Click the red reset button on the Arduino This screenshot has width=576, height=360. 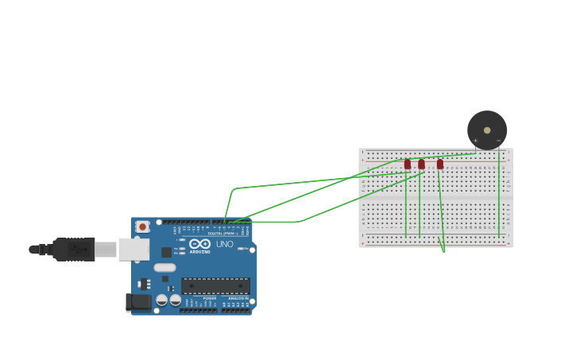point(143,226)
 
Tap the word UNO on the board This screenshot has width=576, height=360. point(225,244)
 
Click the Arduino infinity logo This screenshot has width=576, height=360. point(200,244)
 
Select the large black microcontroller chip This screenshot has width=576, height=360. point(215,286)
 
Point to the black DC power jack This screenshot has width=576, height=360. point(139,302)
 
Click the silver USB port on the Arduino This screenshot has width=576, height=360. point(133,250)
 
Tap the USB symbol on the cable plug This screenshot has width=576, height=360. point(77,250)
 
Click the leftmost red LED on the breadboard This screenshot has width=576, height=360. point(408,165)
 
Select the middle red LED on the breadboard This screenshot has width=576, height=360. point(421,165)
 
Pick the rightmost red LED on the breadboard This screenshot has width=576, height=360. point(440,165)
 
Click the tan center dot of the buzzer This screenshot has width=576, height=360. point(487,130)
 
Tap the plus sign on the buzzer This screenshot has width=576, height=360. point(476,141)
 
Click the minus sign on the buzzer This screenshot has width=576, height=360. point(499,141)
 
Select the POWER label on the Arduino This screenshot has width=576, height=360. point(210,298)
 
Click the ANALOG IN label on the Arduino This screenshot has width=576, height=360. point(238,298)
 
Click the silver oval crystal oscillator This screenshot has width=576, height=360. point(164,268)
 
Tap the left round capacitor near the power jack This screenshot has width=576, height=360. point(162,300)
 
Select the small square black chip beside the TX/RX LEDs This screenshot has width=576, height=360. point(167,252)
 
